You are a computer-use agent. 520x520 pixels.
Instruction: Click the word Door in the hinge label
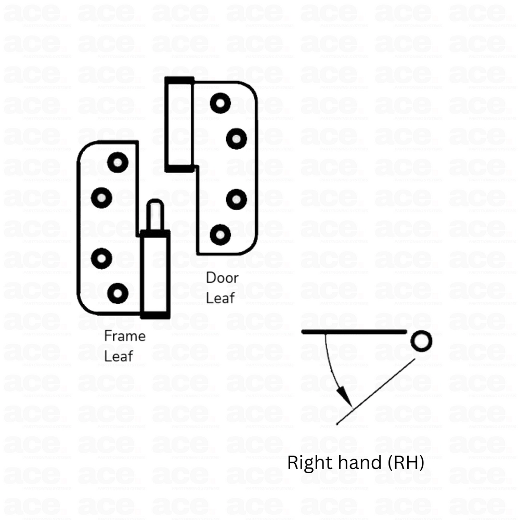(x=222, y=278)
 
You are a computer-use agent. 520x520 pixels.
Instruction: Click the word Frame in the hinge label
(x=125, y=336)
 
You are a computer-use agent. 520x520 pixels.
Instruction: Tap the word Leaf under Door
(x=220, y=298)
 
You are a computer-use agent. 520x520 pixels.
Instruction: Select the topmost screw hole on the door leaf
(x=220, y=103)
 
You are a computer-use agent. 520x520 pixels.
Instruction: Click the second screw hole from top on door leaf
(x=237, y=138)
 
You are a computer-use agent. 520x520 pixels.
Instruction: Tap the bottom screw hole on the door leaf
(x=220, y=234)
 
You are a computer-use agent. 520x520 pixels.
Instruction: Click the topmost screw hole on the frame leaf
(x=118, y=162)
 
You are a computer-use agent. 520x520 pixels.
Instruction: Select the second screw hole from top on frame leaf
(x=101, y=197)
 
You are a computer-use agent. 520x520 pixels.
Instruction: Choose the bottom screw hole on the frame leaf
(x=118, y=293)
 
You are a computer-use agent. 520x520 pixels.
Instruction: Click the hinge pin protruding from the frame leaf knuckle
(x=155, y=215)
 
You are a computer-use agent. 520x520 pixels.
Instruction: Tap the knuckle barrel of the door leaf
(x=179, y=124)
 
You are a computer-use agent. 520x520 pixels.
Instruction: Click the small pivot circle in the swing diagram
(x=420, y=341)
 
